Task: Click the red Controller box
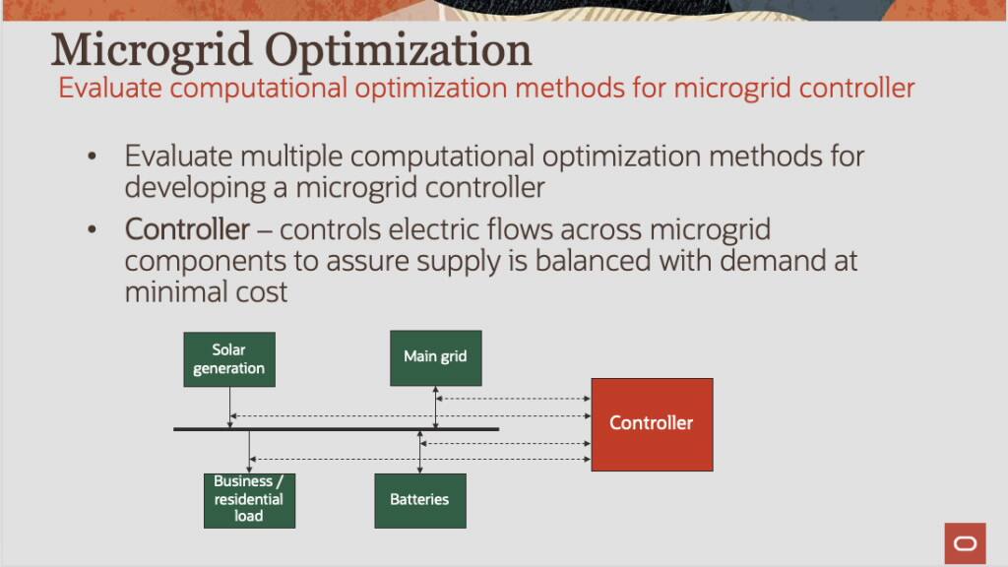coord(652,424)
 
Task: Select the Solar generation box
coord(229,359)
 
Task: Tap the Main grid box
coord(435,357)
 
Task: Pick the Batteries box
coord(419,500)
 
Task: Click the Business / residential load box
coord(249,500)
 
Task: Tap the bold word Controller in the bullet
coord(187,230)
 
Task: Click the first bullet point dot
coord(93,157)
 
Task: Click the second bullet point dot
coord(93,230)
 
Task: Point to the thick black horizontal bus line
coord(336,429)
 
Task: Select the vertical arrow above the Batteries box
coord(420,452)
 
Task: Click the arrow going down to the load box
coord(249,452)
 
